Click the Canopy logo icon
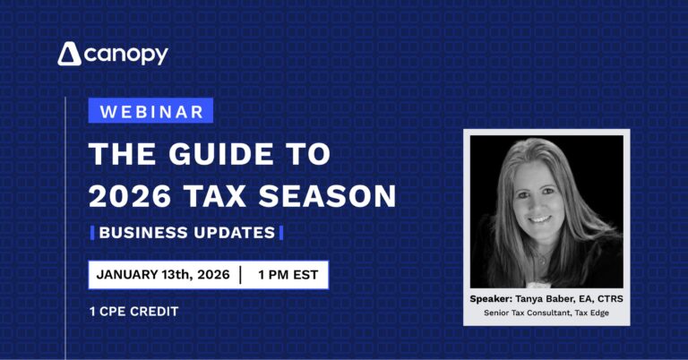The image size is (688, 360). tap(70, 55)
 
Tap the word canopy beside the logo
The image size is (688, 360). tap(126, 55)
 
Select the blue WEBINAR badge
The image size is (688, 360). tap(150, 111)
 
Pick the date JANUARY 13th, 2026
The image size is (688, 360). tap(162, 275)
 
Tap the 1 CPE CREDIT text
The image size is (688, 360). tap(134, 311)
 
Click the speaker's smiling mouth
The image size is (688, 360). tap(540, 219)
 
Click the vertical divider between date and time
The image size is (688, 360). tap(240, 275)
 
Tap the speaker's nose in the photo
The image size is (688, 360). tap(538, 203)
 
